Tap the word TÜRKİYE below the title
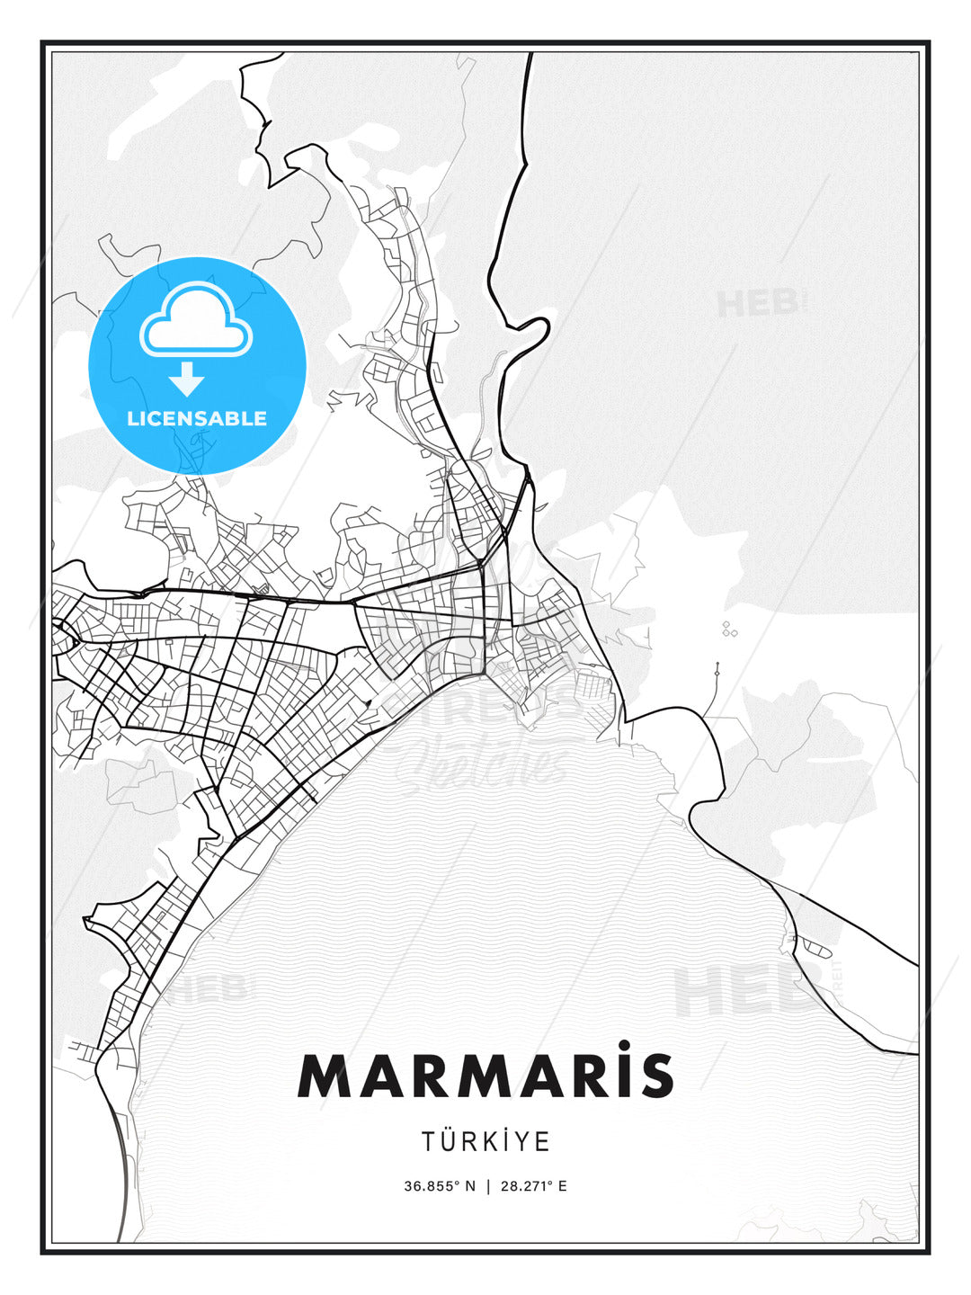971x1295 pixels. [x=485, y=1142]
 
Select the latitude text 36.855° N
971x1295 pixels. [x=439, y=1186]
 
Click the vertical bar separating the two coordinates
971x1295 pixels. [x=487, y=1186]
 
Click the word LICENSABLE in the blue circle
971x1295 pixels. [x=197, y=418]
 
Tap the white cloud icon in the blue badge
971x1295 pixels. [x=196, y=319]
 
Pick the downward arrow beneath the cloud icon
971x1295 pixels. [x=188, y=379]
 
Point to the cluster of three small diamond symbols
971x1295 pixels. [x=729, y=630]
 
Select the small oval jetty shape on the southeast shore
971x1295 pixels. [x=813, y=945]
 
